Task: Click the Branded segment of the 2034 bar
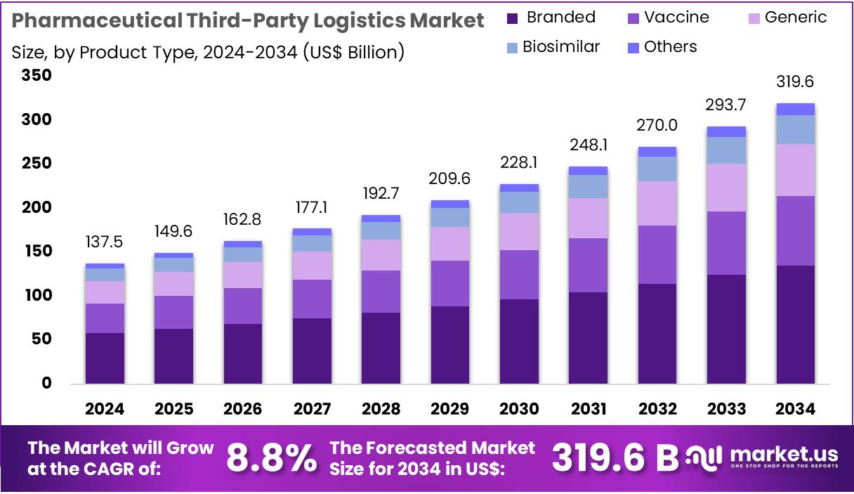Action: click(x=795, y=324)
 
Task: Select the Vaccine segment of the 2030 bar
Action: click(x=518, y=275)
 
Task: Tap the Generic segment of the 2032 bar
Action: click(x=657, y=204)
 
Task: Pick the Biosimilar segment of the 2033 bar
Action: click(x=726, y=150)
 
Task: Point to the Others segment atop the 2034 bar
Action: click(x=795, y=109)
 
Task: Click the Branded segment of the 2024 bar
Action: click(x=105, y=358)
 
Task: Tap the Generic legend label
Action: click(x=796, y=18)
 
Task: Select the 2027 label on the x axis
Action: click(x=312, y=409)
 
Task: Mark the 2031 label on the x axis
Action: click(x=588, y=409)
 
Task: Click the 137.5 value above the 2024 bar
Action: click(x=105, y=242)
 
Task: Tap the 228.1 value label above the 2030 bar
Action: click(x=518, y=163)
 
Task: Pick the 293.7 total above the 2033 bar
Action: click(x=726, y=105)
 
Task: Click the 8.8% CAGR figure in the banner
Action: click(x=271, y=458)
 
